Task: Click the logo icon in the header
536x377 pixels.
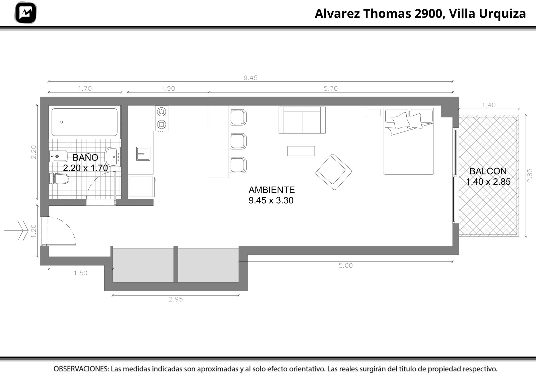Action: (x=25, y=13)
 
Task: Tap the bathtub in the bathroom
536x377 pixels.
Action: (x=84, y=122)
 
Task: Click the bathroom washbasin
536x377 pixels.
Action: (x=113, y=157)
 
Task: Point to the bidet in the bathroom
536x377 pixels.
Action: (x=58, y=157)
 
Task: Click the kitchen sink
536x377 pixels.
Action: (x=143, y=154)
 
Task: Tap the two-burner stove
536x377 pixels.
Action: (x=161, y=118)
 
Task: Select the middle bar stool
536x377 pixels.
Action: (x=238, y=141)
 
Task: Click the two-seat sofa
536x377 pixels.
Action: (x=302, y=120)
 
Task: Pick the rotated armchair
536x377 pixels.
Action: (x=334, y=172)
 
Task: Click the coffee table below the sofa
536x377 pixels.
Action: (x=301, y=151)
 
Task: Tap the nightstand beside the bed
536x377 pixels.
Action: (x=373, y=112)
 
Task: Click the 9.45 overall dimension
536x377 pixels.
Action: (x=251, y=78)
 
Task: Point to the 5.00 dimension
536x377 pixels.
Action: (x=345, y=265)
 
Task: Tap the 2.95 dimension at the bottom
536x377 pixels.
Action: (x=176, y=299)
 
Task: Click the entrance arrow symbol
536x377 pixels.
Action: (x=16, y=230)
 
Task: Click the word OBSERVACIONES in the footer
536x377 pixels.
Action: (x=81, y=369)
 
